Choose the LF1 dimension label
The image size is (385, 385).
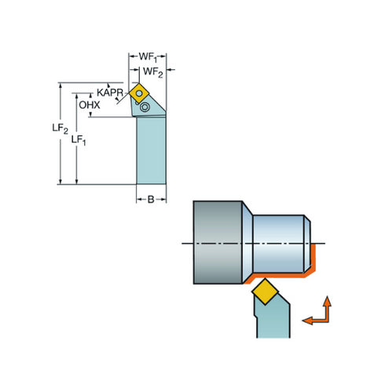tap(79, 140)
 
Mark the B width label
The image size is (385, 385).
tap(152, 200)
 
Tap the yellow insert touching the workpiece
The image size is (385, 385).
tap(266, 293)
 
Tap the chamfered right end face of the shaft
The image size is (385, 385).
tap(306, 243)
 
